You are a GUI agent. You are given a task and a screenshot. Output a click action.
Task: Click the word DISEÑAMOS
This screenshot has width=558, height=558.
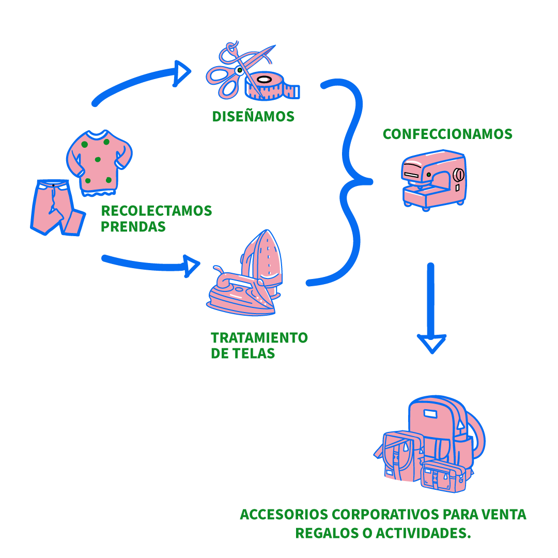[253, 117]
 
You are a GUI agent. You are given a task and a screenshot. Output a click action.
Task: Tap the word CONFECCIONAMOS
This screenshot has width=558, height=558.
[447, 134]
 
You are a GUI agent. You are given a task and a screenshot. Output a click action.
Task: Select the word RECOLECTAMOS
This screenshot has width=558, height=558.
[156, 211]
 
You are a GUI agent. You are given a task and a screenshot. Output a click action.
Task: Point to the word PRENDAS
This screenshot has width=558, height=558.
[133, 227]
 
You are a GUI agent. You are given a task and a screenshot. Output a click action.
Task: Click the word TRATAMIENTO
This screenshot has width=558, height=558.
[259, 338]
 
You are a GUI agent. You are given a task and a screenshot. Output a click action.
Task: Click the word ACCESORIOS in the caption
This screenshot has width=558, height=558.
[284, 515]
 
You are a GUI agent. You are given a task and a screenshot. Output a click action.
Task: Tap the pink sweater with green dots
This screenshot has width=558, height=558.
[99, 160]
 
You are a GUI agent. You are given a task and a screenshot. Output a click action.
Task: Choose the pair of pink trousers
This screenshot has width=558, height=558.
[56, 207]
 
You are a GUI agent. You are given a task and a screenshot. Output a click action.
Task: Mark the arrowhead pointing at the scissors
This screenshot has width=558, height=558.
[182, 72]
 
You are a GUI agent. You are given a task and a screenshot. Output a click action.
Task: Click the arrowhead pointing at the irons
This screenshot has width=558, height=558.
[192, 266]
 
